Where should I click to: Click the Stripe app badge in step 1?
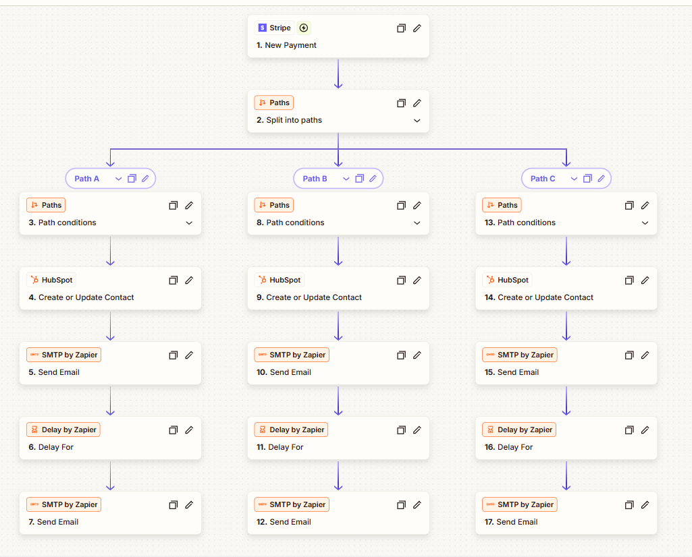coord(274,28)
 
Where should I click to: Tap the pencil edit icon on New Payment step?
coord(417,28)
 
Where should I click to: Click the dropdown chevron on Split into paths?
coord(417,121)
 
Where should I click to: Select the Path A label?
coord(87,179)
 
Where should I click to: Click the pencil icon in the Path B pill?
coord(373,179)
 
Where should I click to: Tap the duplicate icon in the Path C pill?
coord(587,179)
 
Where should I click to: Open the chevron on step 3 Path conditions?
coord(189,223)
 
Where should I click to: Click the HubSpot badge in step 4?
coord(51,280)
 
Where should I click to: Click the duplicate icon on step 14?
coord(629,280)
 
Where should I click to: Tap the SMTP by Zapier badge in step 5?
coord(64,355)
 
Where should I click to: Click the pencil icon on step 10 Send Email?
coord(417,355)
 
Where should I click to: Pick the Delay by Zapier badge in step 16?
coord(519,430)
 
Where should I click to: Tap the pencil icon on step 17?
coord(645,504)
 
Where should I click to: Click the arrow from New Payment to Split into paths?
coord(338,74)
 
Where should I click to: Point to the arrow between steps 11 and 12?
coord(338,475)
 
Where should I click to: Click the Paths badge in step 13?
coord(502,205)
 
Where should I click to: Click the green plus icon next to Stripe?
coord(304,28)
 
